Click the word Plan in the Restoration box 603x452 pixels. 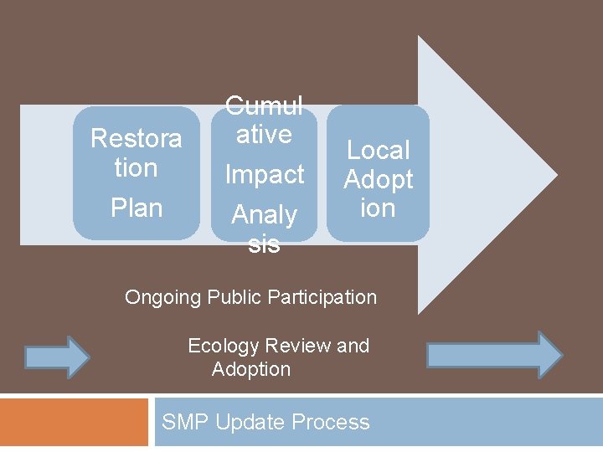136,208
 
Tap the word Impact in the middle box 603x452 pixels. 264,174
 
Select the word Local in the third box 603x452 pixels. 378,150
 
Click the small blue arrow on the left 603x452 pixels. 57,357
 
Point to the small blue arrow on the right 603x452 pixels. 495,354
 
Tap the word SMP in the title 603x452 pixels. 185,422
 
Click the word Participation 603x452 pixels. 325,297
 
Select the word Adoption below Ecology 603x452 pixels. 251,369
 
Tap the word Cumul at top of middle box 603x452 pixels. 264,106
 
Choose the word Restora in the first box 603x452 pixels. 136,138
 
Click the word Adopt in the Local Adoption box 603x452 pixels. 379,179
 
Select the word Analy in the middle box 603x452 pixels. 264,215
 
